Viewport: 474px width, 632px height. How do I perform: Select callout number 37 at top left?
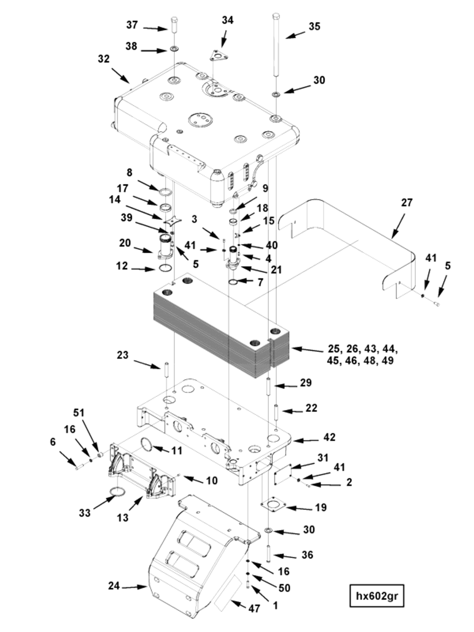pos(132,25)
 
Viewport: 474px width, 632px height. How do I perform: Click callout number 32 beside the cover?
pos(104,59)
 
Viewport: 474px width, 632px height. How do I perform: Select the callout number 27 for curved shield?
pos(407,203)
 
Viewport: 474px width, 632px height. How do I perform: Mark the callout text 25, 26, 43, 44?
pos(362,349)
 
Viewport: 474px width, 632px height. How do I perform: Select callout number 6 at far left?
pos(52,442)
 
